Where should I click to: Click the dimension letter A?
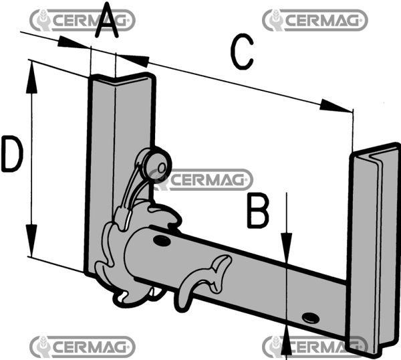[108, 22]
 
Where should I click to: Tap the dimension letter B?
[258, 212]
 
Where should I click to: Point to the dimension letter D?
[11, 156]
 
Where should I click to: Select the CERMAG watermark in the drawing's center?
[200, 179]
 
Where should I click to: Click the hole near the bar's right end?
[309, 317]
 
